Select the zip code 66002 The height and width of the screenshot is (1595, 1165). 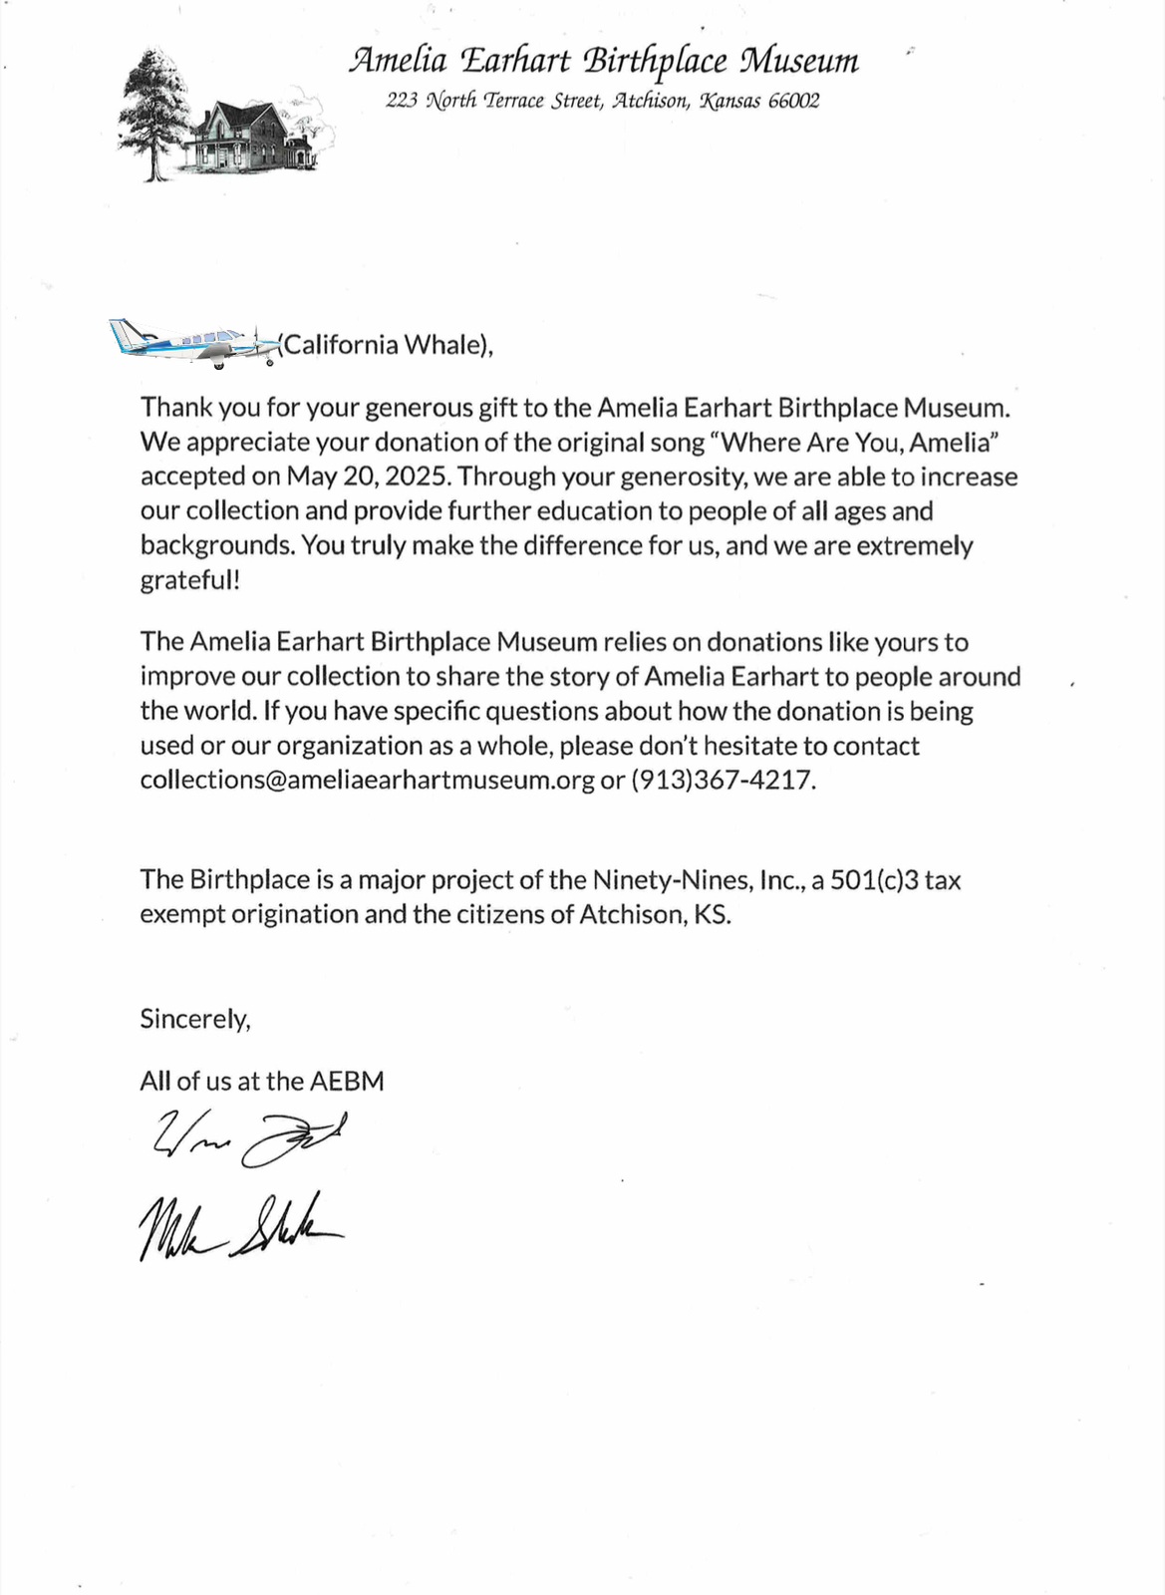pos(793,101)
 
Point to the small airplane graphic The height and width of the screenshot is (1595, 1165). pos(194,343)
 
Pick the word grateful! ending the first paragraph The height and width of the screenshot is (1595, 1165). pos(189,580)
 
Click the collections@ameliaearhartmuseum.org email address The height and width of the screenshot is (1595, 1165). pos(367,780)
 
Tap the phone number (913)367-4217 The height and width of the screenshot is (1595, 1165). pos(723,780)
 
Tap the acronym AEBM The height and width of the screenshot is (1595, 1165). pos(347,1082)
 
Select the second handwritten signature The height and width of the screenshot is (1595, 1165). pos(239,1226)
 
